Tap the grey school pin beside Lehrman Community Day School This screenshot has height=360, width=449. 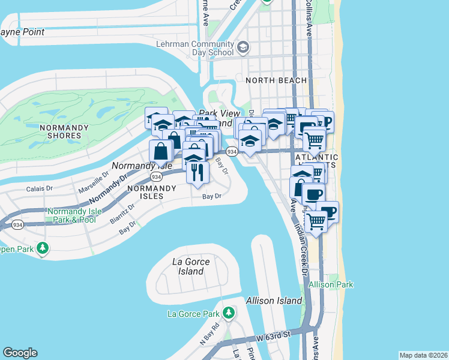click(x=243, y=47)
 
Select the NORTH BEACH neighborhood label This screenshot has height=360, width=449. click(x=276, y=80)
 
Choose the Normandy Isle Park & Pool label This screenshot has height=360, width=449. click(x=72, y=215)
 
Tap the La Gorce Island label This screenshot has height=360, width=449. click(x=187, y=266)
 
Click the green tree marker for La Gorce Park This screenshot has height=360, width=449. click(x=228, y=313)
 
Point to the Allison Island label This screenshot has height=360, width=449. click(x=271, y=299)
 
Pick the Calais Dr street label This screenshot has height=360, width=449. click(x=40, y=188)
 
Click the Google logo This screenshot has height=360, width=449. click(x=20, y=353)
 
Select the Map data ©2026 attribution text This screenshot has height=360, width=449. click(x=423, y=355)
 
